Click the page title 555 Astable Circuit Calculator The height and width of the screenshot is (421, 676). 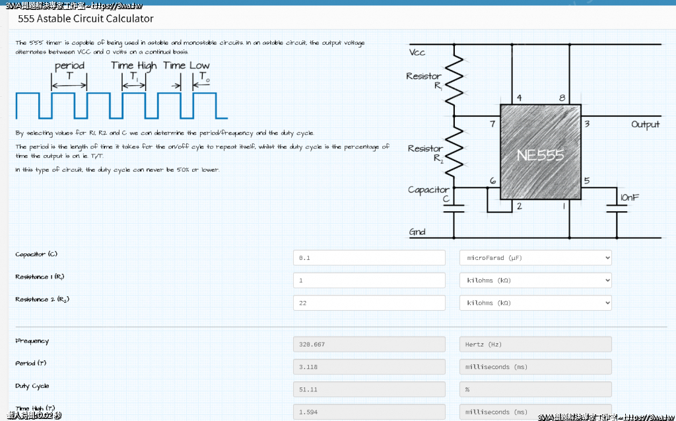click(x=86, y=19)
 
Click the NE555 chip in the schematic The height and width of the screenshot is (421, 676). click(x=540, y=155)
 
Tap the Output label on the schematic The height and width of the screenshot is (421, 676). click(x=645, y=124)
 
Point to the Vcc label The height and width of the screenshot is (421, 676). click(x=417, y=52)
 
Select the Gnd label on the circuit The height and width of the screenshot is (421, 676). click(x=417, y=232)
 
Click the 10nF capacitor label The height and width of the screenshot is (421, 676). click(x=628, y=197)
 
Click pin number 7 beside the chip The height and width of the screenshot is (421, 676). click(x=492, y=124)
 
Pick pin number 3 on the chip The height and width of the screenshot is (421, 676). click(x=587, y=124)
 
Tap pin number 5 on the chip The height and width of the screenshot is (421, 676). click(x=587, y=181)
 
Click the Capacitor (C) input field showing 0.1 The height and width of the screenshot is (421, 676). click(x=369, y=258)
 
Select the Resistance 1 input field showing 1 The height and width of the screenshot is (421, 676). click(x=369, y=280)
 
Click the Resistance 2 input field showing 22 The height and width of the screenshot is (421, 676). click(x=369, y=303)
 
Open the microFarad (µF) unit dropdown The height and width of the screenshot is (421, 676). click(x=535, y=258)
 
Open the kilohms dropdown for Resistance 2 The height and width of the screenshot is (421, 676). click(x=535, y=303)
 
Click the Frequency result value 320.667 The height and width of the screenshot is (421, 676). click(x=369, y=344)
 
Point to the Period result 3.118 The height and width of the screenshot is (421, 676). click(x=369, y=367)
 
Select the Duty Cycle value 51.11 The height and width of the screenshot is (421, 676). click(x=369, y=389)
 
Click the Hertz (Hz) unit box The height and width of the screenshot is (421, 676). click(x=535, y=344)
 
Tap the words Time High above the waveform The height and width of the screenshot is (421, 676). click(x=134, y=65)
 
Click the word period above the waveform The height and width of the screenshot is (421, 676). click(x=69, y=65)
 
